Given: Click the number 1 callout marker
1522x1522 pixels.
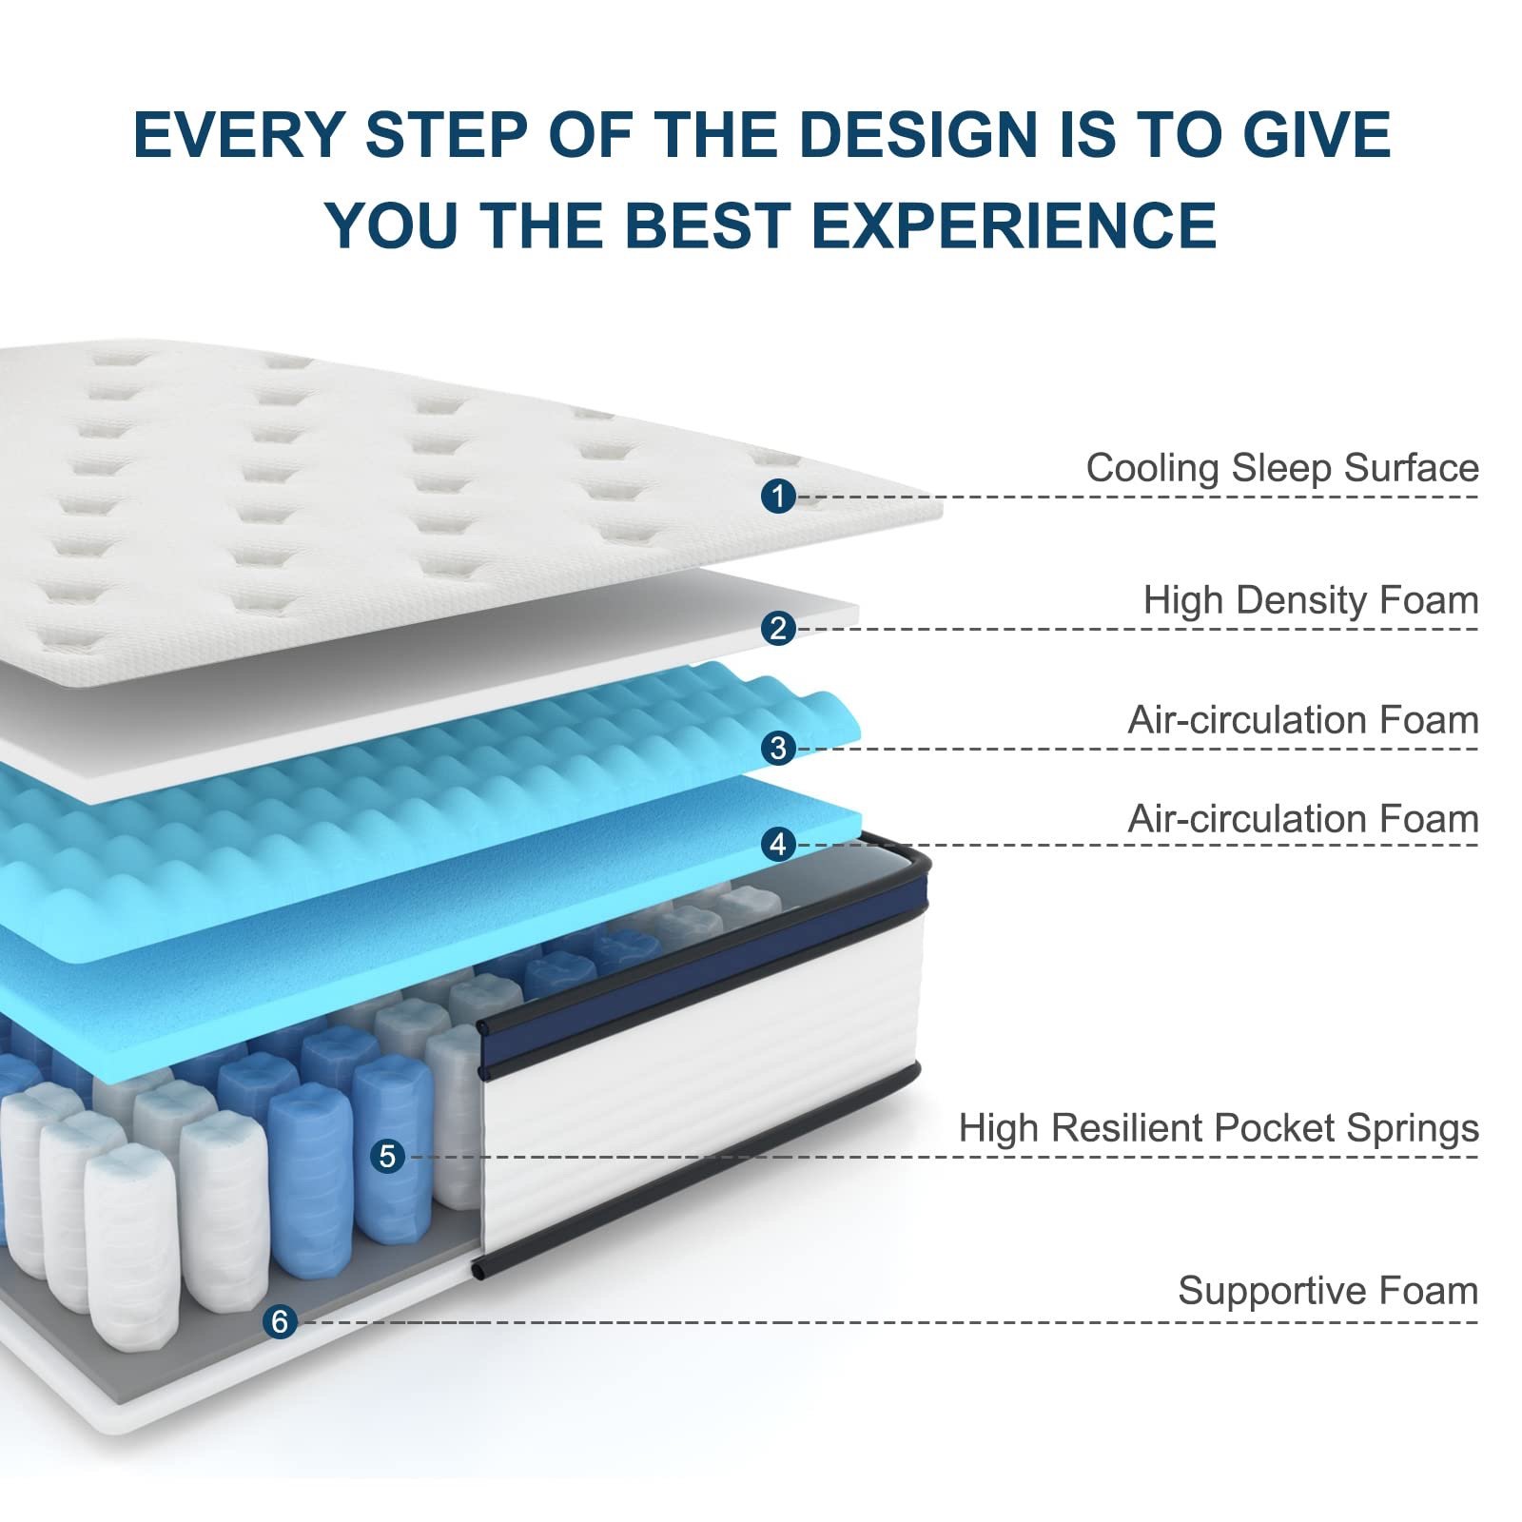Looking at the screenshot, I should (778, 496).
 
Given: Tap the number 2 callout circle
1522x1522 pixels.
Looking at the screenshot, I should (778, 628).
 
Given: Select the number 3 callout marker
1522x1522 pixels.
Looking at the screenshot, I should (778, 748).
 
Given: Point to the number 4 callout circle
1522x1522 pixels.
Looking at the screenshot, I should (778, 844).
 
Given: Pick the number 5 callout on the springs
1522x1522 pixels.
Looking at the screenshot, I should (387, 1156).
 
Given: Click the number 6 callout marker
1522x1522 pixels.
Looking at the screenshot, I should (280, 1321).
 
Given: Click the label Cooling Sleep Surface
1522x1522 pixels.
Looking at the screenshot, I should (1282, 468).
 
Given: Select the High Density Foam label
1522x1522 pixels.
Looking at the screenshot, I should (1311, 600).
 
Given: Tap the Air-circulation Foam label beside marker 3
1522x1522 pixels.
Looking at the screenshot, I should (1303, 720).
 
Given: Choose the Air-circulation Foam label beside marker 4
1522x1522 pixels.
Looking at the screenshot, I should (1303, 819).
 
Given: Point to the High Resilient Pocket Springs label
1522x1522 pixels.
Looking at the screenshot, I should (1219, 1128).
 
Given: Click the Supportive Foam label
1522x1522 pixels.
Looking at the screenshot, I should (1328, 1291).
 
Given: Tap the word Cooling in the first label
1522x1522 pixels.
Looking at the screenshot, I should (1153, 468).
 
